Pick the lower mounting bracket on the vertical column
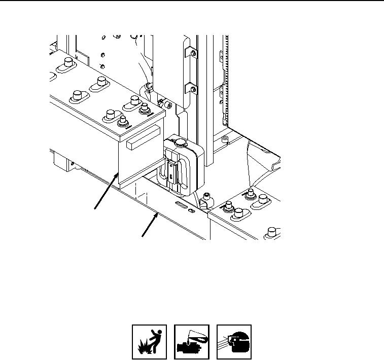[191, 89]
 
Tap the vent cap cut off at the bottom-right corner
[271, 233]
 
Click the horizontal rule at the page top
[192, 1]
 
